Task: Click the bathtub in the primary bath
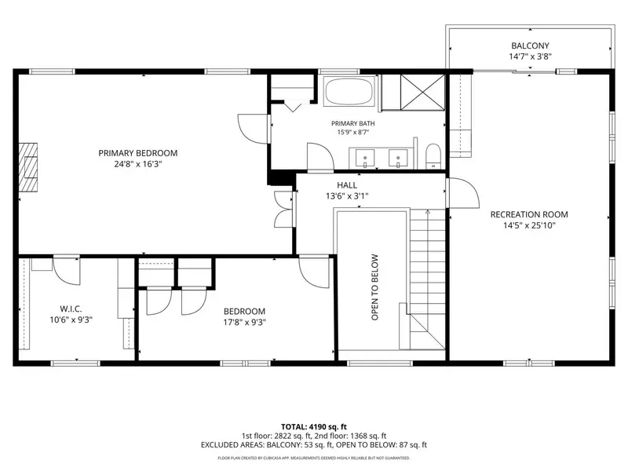click(x=349, y=91)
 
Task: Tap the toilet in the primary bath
click(x=433, y=156)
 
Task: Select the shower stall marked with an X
click(x=422, y=92)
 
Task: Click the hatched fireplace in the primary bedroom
click(x=28, y=166)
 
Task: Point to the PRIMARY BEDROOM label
click(x=138, y=153)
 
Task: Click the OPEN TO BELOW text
click(x=375, y=287)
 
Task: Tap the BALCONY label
click(x=530, y=46)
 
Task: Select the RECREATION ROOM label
click(x=529, y=214)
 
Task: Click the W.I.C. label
click(x=71, y=309)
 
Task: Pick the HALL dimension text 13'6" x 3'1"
click(x=347, y=196)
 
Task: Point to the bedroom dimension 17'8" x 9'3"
click(x=244, y=322)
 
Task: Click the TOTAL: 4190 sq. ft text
click(x=313, y=426)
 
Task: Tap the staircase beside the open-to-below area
click(x=427, y=279)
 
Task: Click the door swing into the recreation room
click(x=464, y=193)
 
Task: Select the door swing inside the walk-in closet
click(x=67, y=271)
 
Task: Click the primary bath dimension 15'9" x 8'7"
click(x=352, y=132)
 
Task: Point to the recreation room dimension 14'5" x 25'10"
click(x=529, y=225)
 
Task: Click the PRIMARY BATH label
click(x=352, y=123)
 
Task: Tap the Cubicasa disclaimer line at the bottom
click(x=313, y=458)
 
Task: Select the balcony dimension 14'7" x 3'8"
click(x=530, y=57)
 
